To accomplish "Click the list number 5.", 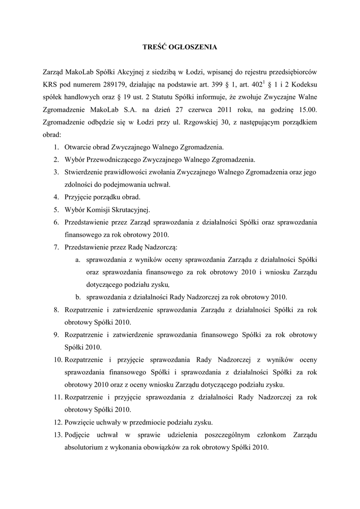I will pos(57,209).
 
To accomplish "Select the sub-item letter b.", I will pos(78,297).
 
